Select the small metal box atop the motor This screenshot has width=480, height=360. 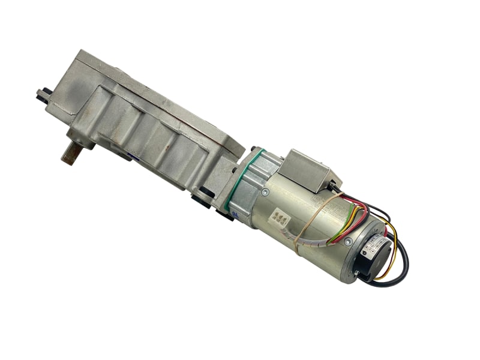click(x=307, y=170)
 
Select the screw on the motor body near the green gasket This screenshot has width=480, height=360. click(x=265, y=191)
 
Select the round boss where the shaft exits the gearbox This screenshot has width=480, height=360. click(x=81, y=139)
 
